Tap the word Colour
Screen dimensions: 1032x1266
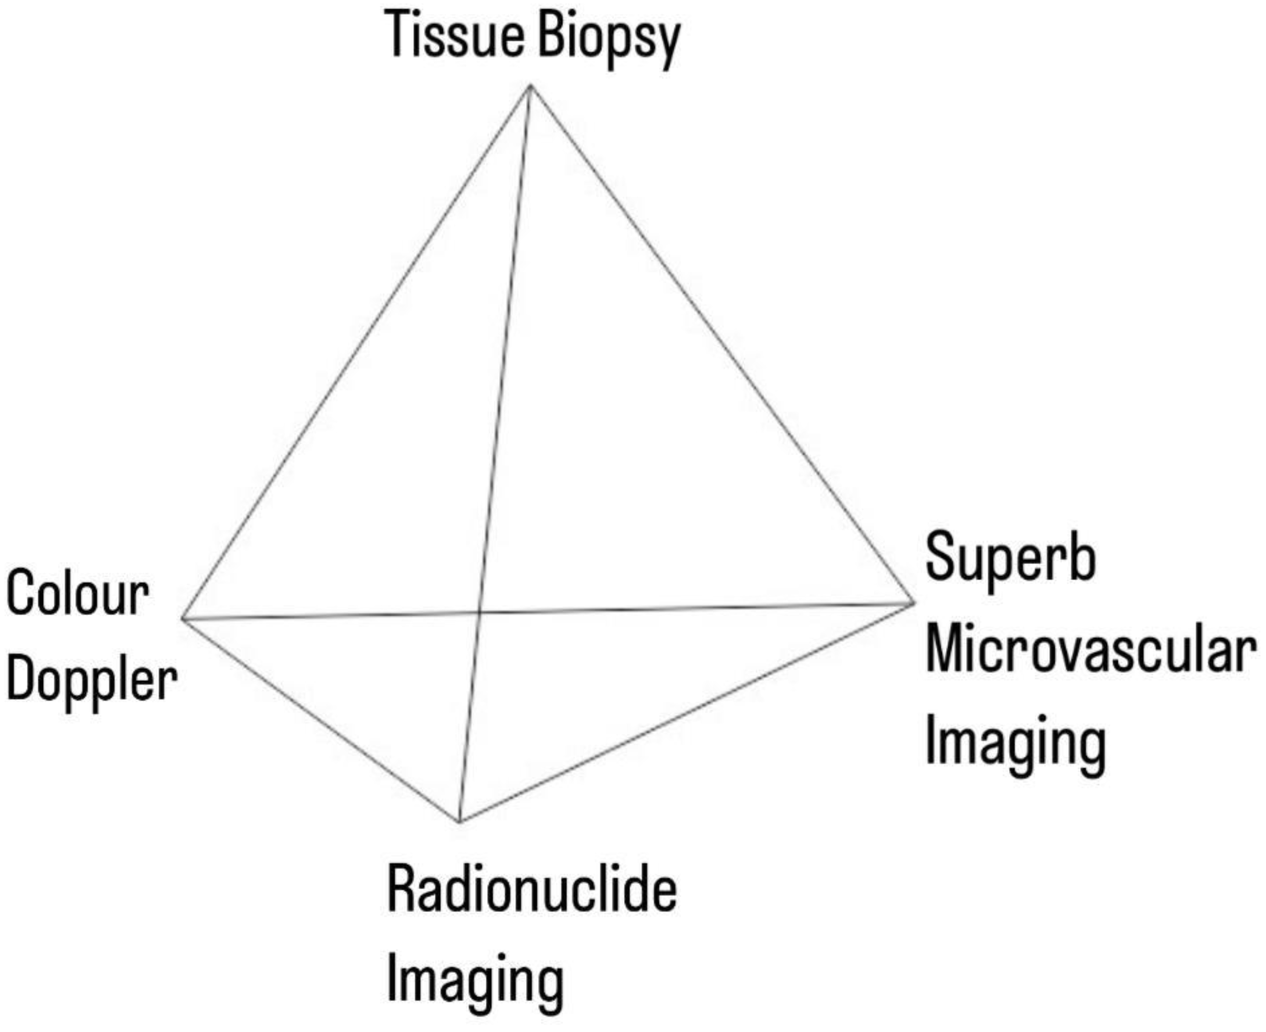coord(77,592)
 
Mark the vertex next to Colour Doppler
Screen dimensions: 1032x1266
coord(183,619)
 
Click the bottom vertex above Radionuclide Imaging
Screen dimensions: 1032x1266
coord(460,821)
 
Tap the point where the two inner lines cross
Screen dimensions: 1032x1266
coord(479,611)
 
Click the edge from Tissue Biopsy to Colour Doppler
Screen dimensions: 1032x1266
coord(357,352)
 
